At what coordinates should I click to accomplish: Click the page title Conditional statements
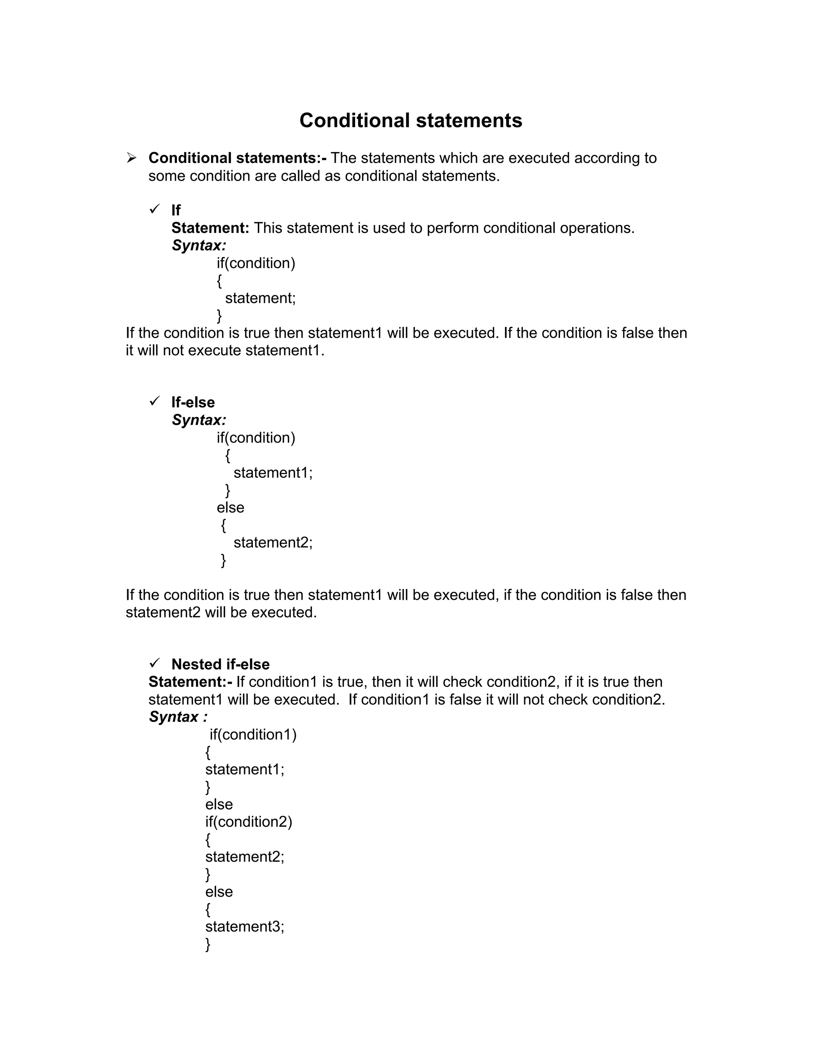click(x=411, y=120)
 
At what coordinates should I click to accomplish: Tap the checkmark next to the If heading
click(x=155, y=209)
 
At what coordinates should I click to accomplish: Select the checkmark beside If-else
click(x=155, y=401)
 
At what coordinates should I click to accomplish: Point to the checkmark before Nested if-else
click(x=155, y=663)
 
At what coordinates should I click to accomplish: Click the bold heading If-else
click(x=193, y=402)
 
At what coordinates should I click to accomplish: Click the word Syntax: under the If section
click(x=199, y=246)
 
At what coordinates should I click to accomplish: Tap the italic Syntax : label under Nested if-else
click(x=178, y=717)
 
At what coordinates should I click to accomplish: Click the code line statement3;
click(x=244, y=927)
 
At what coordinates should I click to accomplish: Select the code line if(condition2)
click(x=248, y=822)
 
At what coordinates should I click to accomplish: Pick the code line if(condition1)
click(x=253, y=735)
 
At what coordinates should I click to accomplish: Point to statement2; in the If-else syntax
click(x=273, y=543)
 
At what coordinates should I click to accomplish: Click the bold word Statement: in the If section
click(x=210, y=228)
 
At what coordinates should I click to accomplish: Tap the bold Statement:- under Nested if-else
click(x=190, y=682)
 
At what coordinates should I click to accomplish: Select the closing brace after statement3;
click(x=208, y=944)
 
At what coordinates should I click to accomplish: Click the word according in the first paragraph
click(x=605, y=158)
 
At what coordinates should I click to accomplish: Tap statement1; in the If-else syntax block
click(x=273, y=473)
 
